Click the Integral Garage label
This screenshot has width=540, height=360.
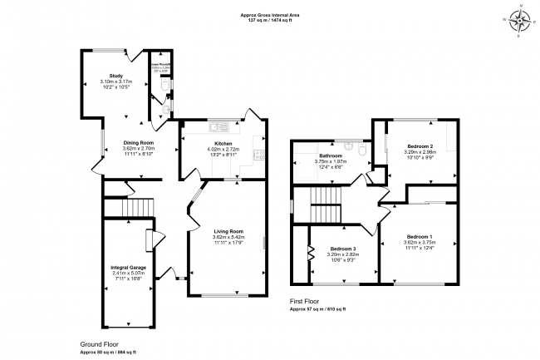(128, 267)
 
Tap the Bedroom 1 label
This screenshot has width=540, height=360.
(418, 237)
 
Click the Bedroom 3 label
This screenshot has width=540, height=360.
(343, 249)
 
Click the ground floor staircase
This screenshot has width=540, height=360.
(137, 207)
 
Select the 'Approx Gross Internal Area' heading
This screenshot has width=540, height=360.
(270, 14)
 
